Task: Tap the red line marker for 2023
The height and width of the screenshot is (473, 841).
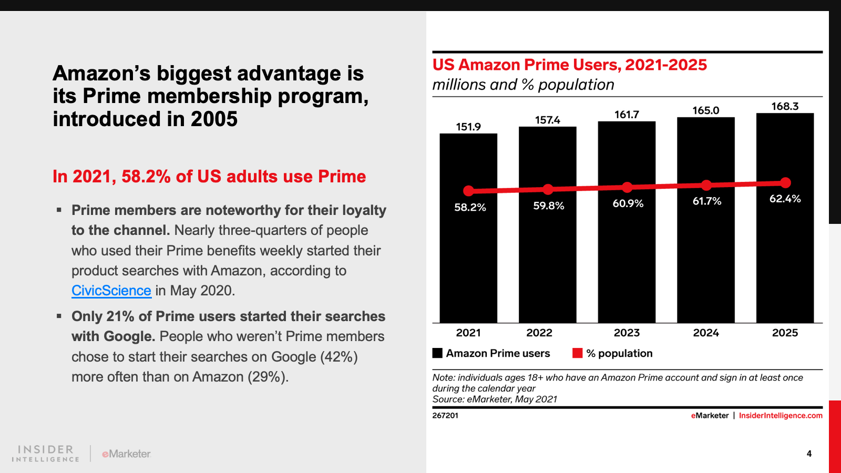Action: (x=627, y=187)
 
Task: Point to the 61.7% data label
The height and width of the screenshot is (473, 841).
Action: (x=707, y=201)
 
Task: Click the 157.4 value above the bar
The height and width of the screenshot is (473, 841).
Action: (x=548, y=120)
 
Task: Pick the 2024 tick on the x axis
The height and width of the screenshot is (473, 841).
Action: (x=706, y=333)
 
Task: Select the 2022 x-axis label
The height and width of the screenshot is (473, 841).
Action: (x=539, y=333)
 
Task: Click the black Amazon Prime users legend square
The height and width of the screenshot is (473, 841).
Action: (x=437, y=353)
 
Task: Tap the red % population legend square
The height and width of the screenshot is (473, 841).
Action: (x=578, y=353)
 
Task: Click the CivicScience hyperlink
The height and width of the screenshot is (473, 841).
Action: (x=111, y=291)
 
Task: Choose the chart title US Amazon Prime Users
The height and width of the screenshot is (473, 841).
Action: (x=569, y=65)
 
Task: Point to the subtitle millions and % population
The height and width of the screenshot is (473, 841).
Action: (x=523, y=85)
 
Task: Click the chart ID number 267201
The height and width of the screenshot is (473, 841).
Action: (x=445, y=416)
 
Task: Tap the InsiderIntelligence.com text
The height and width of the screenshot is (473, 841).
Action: (x=781, y=416)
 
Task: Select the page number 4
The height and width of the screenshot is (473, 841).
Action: (x=809, y=454)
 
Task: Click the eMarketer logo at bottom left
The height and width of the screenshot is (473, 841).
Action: (x=126, y=454)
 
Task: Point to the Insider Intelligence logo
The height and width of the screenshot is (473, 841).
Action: (x=46, y=454)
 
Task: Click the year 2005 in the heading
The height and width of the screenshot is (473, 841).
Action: (x=214, y=119)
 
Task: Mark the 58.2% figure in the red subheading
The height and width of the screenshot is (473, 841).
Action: (x=146, y=177)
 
